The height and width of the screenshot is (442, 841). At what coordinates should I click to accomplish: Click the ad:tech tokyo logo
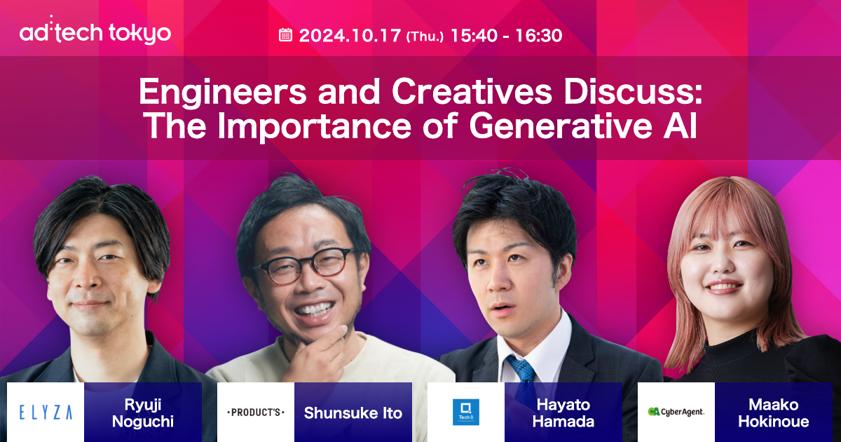point(95,32)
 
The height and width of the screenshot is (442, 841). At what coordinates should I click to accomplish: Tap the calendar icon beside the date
point(285,34)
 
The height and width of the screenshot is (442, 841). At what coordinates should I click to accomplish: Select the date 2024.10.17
point(350,35)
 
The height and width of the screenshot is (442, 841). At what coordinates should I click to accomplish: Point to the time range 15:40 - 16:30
point(506,35)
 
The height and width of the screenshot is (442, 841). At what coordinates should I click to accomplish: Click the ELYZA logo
point(46,413)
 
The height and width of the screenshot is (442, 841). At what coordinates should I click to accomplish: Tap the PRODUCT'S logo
point(256,413)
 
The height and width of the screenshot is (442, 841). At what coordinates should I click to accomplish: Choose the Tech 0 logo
point(465,413)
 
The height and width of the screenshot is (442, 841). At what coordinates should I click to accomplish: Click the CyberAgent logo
point(676,413)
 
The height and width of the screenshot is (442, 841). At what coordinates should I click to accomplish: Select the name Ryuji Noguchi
point(143,413)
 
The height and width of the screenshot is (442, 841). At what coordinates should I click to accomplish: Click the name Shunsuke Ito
point(353,413)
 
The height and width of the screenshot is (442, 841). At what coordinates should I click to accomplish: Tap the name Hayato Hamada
point(563,413)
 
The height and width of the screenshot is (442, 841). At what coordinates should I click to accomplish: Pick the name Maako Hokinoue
point(774,413)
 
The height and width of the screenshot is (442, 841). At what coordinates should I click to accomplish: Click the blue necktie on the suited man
point(521,368)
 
